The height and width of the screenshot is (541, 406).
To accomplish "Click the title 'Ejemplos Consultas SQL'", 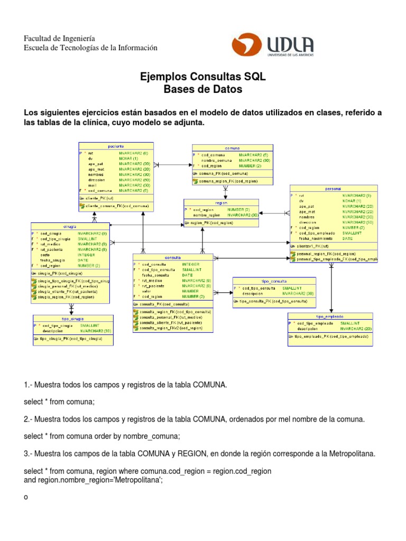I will pyautogui.click(x=203, y=77).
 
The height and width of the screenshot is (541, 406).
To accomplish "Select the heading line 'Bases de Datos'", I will pyautogui.click(x=203, y=90).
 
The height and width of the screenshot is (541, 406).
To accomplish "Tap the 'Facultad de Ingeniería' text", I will pyautogui.click(x=59, y=39).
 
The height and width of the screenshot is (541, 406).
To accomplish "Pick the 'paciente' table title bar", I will pyautogui.click(x=116, y=145).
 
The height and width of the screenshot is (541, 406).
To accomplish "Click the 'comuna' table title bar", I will pyautogui.click(x=233, y=148).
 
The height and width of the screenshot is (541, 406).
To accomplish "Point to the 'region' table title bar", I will pyautogui.click(x=221, y=202).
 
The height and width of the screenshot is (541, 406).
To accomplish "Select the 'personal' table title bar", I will pyautogui.click(x=334, y=189).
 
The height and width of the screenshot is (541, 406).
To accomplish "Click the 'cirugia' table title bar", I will pyautogui.click(x=70, y=226).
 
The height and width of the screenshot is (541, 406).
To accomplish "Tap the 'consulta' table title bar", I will pyautogui.click(x=172, y=257).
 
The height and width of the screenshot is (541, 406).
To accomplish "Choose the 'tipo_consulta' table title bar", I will pyautogui.click(x=274, y=281).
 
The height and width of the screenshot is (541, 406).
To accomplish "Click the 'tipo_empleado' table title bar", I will pyautogui.click(x=330, y=316).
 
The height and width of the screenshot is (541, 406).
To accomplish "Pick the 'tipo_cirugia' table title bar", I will pyautogui.click(x=73, y=319).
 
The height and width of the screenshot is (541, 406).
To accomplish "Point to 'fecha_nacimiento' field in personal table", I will pyautogui.click(x=316, y=238).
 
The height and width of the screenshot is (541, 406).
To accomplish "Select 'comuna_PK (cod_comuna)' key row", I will pyautogui.click(x=219, y=173).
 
